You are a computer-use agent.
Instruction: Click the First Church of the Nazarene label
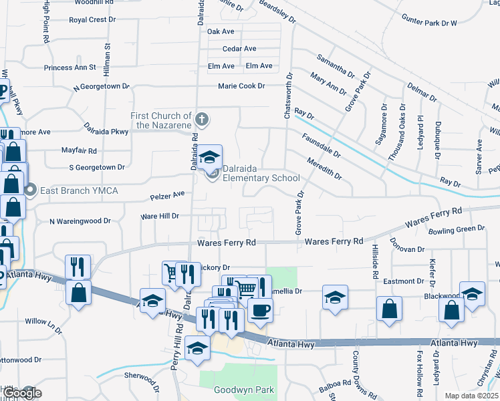coord(161,120)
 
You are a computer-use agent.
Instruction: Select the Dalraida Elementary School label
coord(261,173)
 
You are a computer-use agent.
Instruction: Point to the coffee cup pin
coord(259,309)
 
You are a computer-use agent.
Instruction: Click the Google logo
coord(21,393)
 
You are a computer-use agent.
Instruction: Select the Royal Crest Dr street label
coord(92,20)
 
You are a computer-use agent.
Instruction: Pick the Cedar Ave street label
coord(240,49)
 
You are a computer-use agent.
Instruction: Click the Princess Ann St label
coord(70,68)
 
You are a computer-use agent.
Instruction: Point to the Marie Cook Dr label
coord(241,86)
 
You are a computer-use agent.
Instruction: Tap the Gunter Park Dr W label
coord(430,23)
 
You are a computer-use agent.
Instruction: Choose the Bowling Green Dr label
coord(457,229)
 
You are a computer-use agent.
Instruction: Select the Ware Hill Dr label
coord(160,216)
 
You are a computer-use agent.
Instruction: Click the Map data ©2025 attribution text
coord(471,396)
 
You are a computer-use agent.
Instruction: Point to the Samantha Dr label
coord(336,65)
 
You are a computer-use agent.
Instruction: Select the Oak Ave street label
coord(221,31)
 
